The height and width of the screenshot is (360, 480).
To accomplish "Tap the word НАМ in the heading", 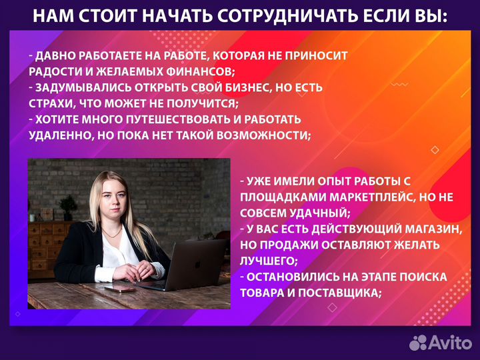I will click(x=51, y=15).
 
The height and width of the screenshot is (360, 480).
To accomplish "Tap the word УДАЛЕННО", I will click(x=60, y=135).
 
